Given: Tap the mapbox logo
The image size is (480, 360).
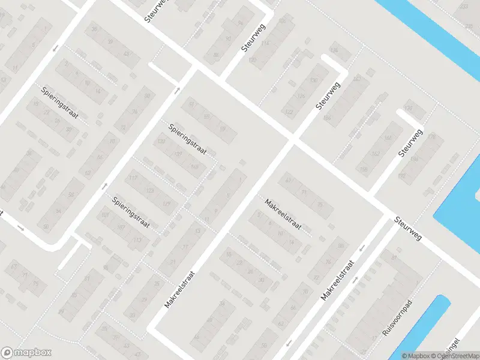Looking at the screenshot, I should (26, 353).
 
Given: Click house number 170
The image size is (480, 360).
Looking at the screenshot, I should (409, 109).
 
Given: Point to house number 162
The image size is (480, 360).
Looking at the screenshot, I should (376, 154).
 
